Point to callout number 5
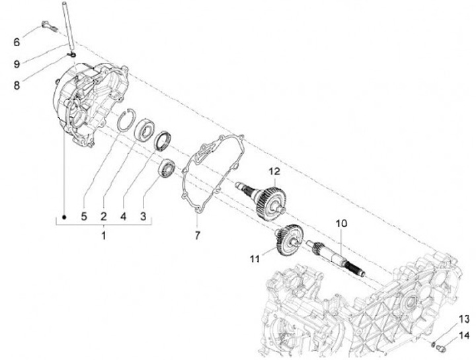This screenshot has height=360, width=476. click(84, 215)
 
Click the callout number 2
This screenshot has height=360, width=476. click(104, 215)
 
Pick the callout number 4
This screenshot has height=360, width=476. click(124, 215)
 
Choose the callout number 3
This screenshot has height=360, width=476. click(143, 215)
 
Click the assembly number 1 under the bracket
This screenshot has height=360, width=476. click(104, 234)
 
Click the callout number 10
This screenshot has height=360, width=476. click(340, 223)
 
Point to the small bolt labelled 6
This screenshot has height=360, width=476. click(47, 26)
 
